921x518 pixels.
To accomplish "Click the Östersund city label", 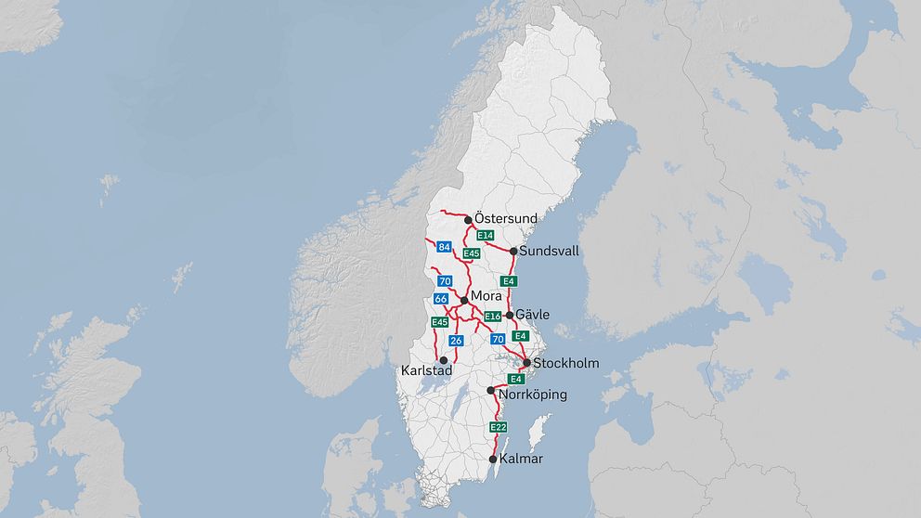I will (506, 218).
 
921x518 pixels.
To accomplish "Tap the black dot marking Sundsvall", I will (513, 251).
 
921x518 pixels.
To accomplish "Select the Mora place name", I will (486, 296).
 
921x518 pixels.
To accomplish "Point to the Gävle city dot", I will (509, 316).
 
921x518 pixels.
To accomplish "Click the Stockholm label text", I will (566, 363).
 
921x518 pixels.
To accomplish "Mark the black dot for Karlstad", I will (444, 360).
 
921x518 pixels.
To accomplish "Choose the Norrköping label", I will (532, 395).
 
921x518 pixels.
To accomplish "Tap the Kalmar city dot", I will (492, 459).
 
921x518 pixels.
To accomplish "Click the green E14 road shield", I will (485, 236).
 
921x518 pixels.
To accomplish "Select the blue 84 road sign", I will (444, 247).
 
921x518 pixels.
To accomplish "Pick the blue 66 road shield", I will (440, 299).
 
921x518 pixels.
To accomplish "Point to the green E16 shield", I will (493, 317).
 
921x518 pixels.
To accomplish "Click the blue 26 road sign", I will (456, 341).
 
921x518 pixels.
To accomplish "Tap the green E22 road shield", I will (499, 427).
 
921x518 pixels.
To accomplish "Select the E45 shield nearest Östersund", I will (471, 253).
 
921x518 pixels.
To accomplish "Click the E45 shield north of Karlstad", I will (440, 322).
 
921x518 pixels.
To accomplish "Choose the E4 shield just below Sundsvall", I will (508, 281).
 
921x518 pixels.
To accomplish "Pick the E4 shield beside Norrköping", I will (516, 379).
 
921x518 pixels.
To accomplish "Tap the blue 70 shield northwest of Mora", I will (445, 281).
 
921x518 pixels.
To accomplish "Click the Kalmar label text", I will (521, 459).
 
